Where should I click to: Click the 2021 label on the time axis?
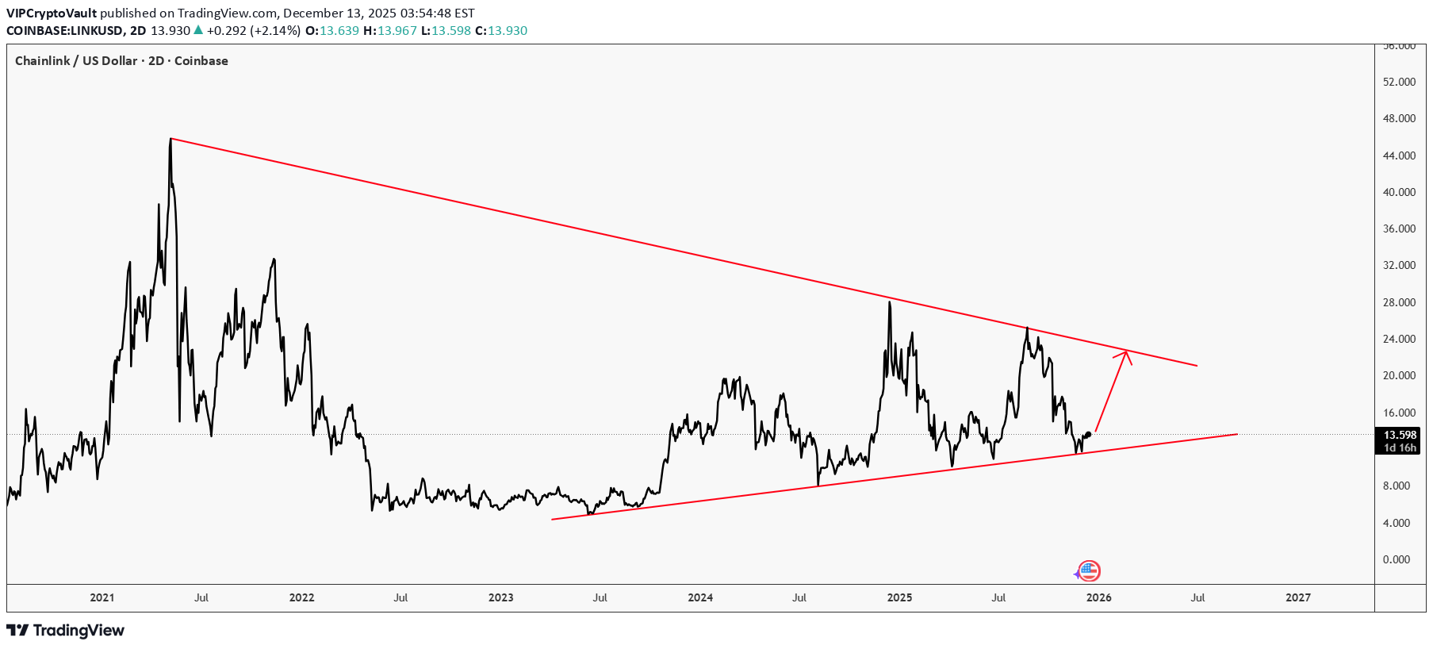pos(102,597)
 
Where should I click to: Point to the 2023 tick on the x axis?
pos(500,597)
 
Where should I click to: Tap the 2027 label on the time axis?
pos(1297,597)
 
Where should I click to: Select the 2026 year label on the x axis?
pos(1098,597)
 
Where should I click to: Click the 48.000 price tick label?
pos(1399,118)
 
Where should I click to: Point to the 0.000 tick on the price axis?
pos(1397,559)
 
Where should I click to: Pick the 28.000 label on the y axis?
pos(1399,302)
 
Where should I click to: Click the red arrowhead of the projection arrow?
pos(1125,353)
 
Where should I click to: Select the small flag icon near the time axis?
pos(1089,570)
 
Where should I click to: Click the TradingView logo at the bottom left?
pos(66,630)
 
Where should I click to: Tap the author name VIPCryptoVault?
pos(52,13)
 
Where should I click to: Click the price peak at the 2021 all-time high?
pos(171,140)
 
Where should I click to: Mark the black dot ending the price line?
pos(1089,434)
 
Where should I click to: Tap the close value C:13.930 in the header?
pos(501,31)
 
